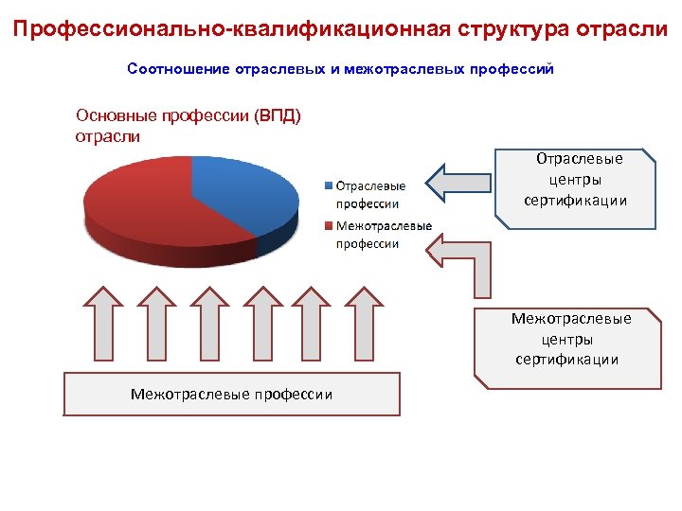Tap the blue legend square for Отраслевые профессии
328,185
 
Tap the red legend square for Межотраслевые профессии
328,226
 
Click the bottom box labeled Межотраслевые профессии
231,394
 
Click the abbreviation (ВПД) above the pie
278,116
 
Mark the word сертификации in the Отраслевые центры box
575,201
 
